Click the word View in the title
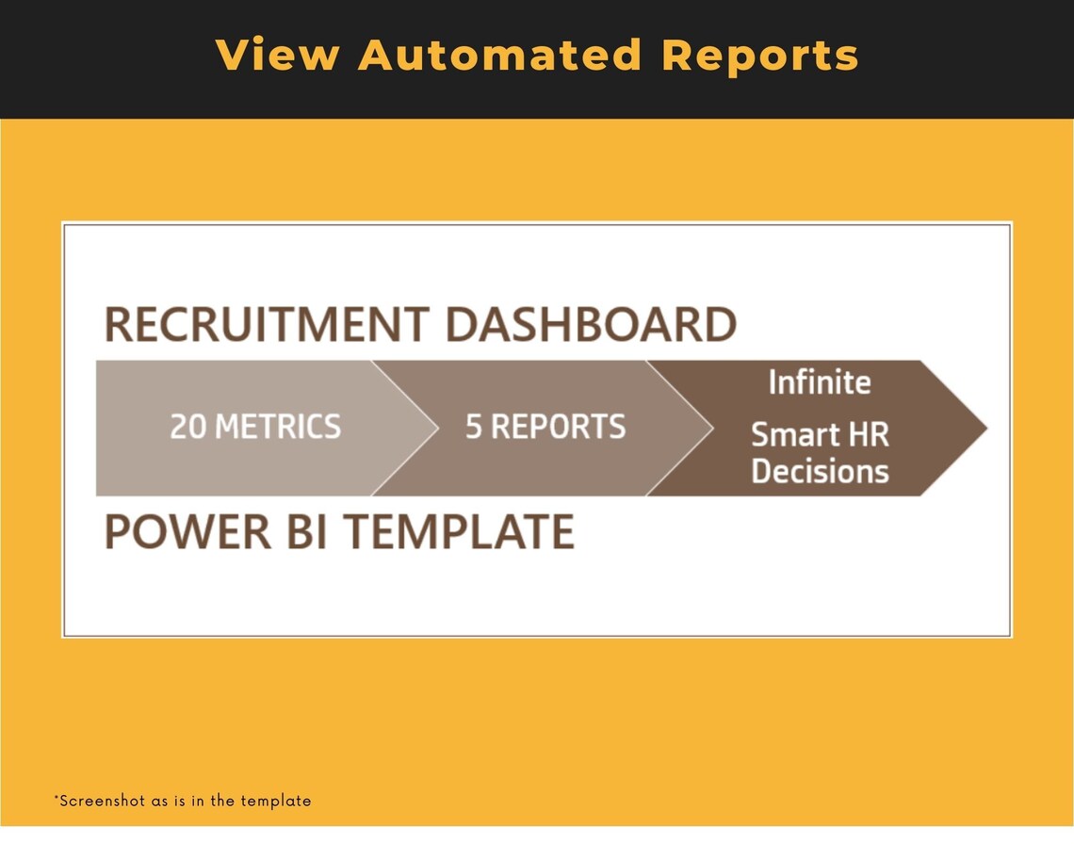(277, 55)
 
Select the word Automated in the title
(499, 55)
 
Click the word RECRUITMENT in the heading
(267, 325)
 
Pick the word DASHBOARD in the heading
(591, 325)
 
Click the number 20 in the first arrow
(189, 427)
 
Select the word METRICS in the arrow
(278, 427)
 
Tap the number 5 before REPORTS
(474, 427)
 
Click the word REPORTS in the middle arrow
(558, 427)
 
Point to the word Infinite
(820, 382)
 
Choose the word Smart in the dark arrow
(793, 435)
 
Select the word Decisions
(820, 471)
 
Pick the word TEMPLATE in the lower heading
(459, 531)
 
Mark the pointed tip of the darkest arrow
(984, 428)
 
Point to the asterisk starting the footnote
(56, 799)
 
